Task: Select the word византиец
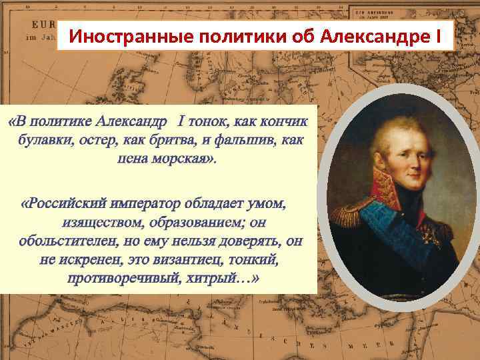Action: tap(183, 259)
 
